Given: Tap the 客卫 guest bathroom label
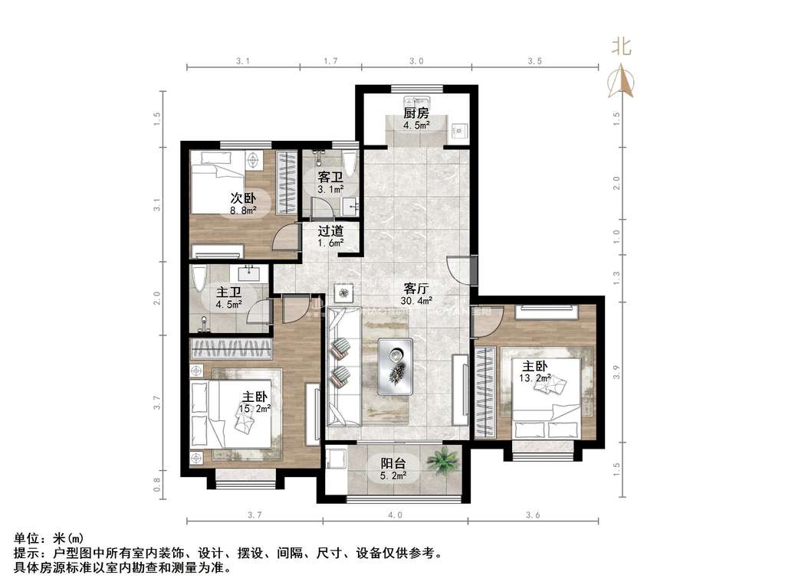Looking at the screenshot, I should [330, 176].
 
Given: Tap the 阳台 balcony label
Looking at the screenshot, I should [394, 463].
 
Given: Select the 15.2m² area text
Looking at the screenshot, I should [255, 409].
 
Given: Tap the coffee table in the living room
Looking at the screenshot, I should [396, 366].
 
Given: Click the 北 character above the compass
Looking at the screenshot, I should [621, 47].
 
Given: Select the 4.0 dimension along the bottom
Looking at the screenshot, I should [394, 516].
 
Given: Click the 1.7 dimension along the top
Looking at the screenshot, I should [331, 60].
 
